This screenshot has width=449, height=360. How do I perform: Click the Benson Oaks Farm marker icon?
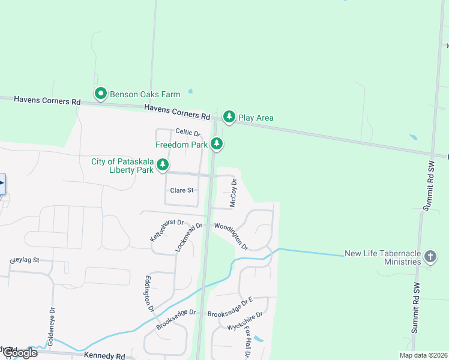[x=101, y=94]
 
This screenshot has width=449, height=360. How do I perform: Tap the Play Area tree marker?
[x=229, y=116]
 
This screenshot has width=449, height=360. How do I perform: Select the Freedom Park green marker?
[x=217, y=144]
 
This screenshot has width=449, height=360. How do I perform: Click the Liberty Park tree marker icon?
[x=162, y=164]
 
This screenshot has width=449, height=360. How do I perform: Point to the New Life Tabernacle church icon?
[x=430, y=257]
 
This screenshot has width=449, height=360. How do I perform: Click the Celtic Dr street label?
[x=187, y=132]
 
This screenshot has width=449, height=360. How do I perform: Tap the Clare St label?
[x=182, y=190]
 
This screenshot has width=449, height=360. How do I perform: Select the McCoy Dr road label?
[x=234, y=193]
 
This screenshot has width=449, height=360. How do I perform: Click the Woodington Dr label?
[x=232, y=236]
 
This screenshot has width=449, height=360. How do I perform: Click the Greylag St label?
[x=24, y=260]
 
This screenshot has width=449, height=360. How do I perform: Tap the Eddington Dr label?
[x=149, y=293]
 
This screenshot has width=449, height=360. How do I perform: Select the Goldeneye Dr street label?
[x=52, y=325]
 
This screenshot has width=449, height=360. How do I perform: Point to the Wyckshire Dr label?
[x=245, y=321]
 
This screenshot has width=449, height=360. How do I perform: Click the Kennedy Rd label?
[x=104, y=356]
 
